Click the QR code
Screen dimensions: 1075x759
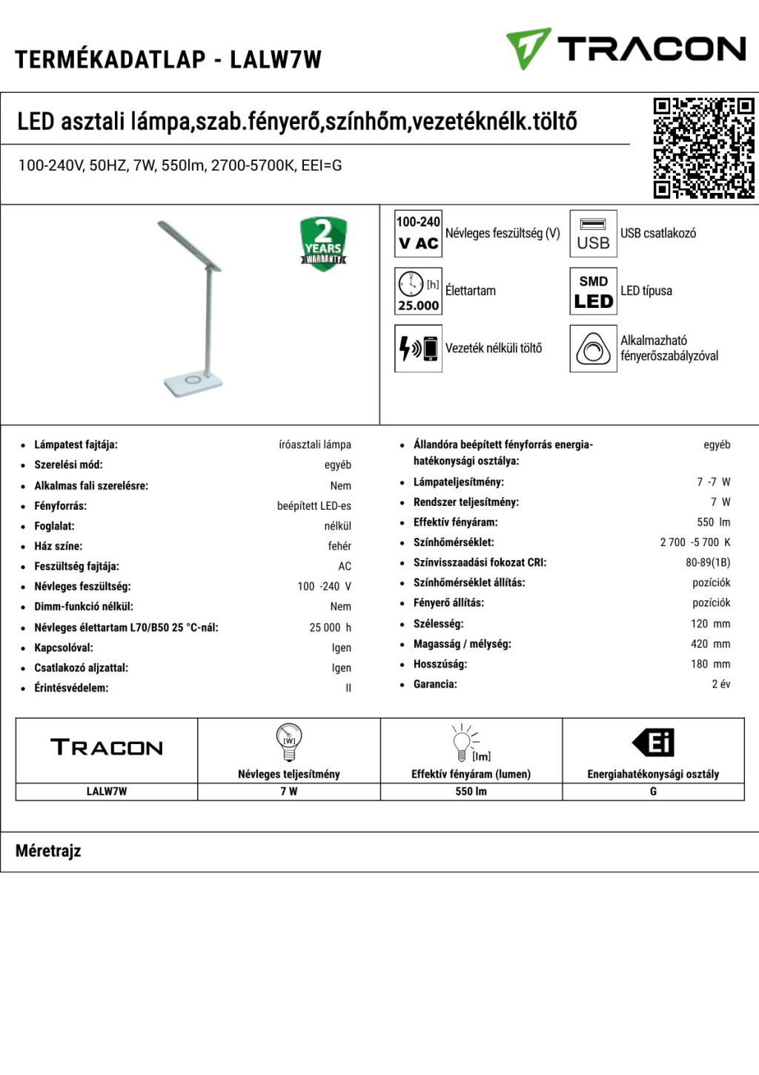click(x=703, y=148)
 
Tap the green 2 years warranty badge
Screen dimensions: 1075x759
click(x=323, y=243)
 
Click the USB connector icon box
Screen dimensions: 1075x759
click(x=593, y=234)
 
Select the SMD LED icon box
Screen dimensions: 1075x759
click(x=593, y=292)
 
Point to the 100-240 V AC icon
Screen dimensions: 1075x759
click(x=418, y=234)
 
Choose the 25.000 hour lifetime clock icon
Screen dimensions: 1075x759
click(x=418, y=292)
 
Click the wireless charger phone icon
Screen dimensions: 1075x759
click(x=418, y=348)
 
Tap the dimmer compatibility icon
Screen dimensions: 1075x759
click(x=593, y=348)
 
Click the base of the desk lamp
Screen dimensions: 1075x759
click(x=193, y=383)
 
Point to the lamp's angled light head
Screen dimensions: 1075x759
click(x=189, y=244)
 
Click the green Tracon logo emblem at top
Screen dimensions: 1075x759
click(x=528, y=49)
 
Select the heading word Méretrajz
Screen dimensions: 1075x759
click(x=48, y=851)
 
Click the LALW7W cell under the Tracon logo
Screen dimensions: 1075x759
click(x=107, y=792)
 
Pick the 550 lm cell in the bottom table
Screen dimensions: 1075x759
click(x=471, y=792)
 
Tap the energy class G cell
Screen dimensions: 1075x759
click(x=653, y=792)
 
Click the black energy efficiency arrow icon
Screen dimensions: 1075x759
click(x=653, y=743)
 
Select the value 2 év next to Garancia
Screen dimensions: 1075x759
click(x=720, y=684)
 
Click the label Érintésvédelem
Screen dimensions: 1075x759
click(x=71, y=688)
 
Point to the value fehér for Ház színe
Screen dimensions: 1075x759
click(x=339, y=546)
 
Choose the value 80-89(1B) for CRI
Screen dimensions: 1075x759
click(x=707, y=562)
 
